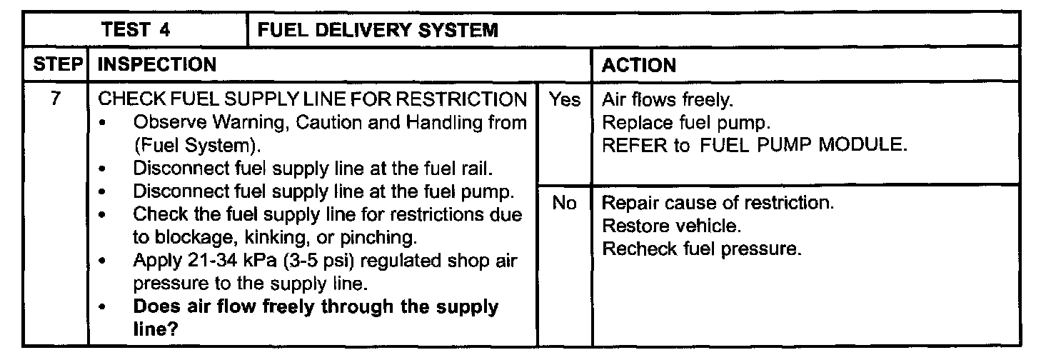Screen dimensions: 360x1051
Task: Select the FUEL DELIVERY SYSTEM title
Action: click(377, 31)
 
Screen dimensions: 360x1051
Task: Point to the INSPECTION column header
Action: click(156, 65)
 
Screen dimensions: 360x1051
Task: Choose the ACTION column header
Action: click(638, 66)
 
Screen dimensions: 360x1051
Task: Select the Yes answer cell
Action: click(564, 101)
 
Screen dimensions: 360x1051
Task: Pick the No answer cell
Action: click(564, 204)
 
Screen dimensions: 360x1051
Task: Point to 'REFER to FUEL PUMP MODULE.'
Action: click(755, 145)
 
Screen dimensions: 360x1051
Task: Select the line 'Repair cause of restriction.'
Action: click(718, 204)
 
